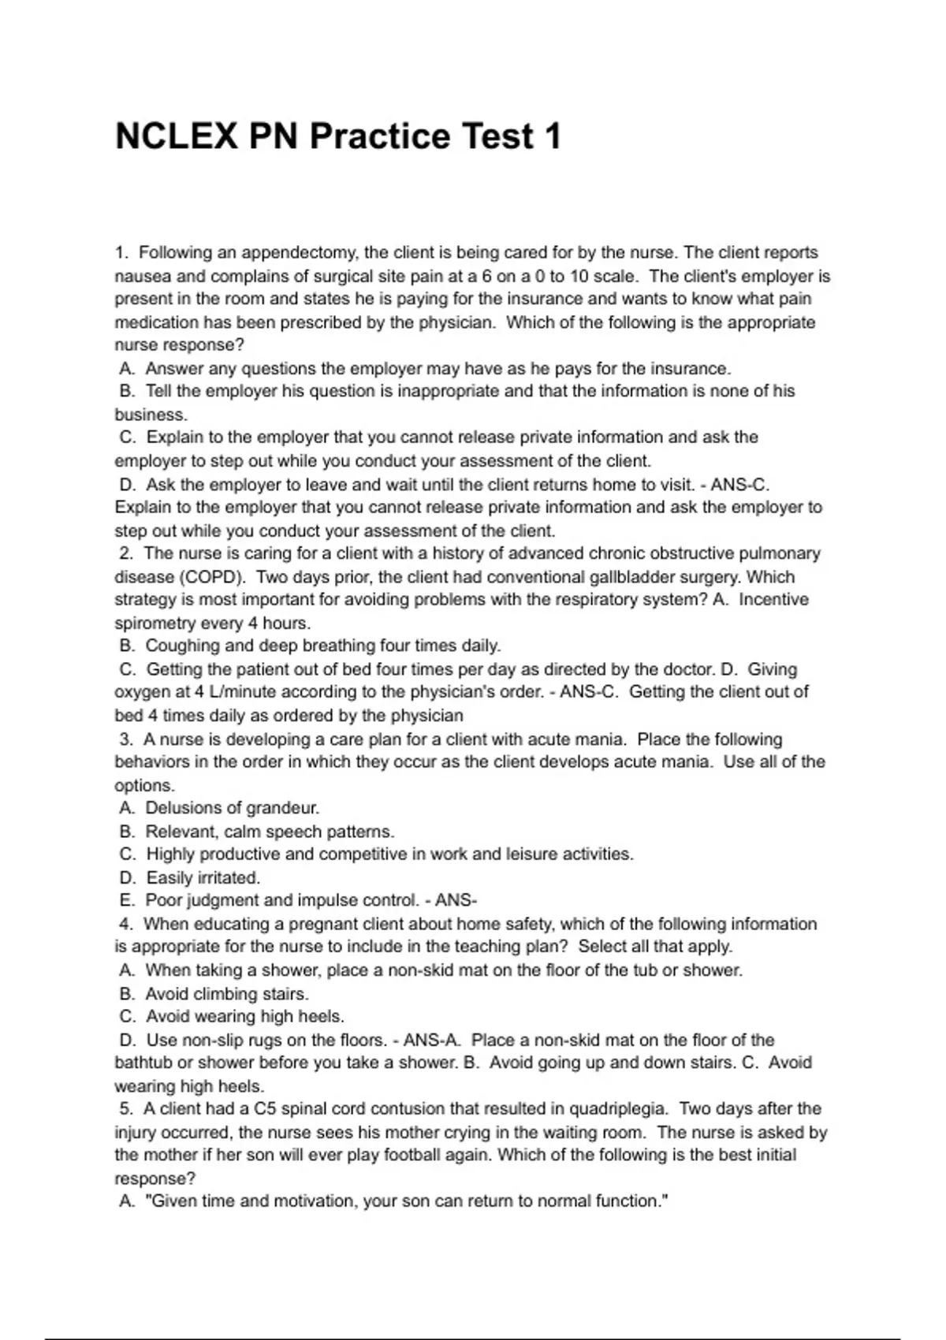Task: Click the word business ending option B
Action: tap(150, 415)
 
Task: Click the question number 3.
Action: tap(125, 739)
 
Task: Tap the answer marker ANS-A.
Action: tap(433, 1040)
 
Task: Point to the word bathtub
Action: tap(143, 1063)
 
